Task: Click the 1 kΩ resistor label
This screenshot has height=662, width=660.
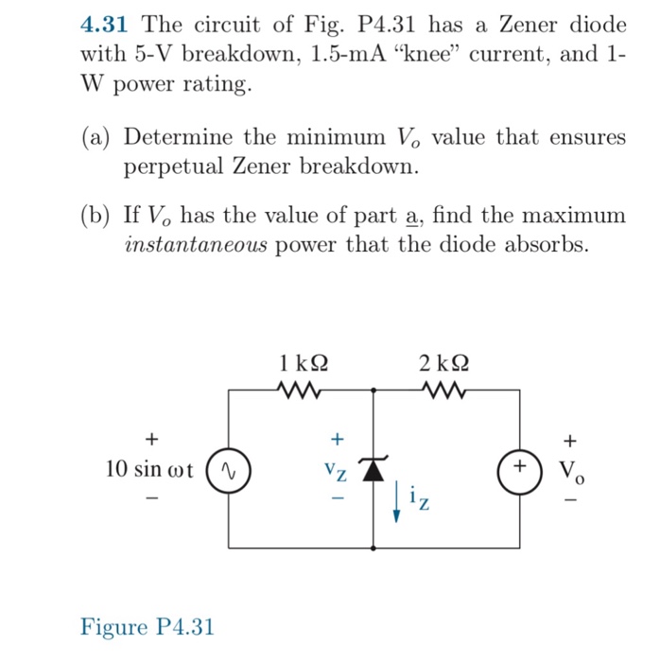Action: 305,362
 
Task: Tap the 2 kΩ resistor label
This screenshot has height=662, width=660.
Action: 444,362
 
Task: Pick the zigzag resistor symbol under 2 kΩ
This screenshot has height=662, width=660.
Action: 443,388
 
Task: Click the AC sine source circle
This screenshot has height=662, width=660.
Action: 229,468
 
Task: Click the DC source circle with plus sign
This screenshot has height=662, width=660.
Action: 519,468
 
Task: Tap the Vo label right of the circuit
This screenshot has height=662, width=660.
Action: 569,470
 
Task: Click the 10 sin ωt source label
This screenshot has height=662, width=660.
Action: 149,469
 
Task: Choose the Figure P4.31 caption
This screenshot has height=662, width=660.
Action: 148,626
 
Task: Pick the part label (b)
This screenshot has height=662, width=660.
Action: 96,216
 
